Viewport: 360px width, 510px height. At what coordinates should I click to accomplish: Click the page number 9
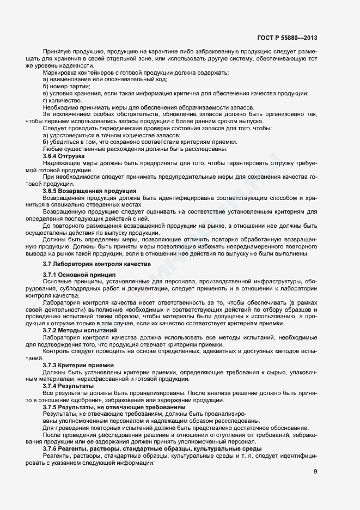[x=315, y=472]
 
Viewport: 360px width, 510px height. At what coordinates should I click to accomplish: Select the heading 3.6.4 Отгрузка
[x=64, y=156]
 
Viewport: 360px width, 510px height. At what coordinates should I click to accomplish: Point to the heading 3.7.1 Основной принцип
[x=79, y=275]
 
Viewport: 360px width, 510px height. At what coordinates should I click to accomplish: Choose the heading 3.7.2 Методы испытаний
[x=80, y=330]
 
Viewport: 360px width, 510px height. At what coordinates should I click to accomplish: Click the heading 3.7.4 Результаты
[x=69, y=386]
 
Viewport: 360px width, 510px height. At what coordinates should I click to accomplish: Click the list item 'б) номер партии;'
[x=66, y=86]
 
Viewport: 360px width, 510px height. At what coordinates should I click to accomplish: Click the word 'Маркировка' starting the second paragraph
[x=60, y=72]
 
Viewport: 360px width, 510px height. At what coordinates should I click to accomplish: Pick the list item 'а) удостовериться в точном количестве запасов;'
[x=112, y=135]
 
